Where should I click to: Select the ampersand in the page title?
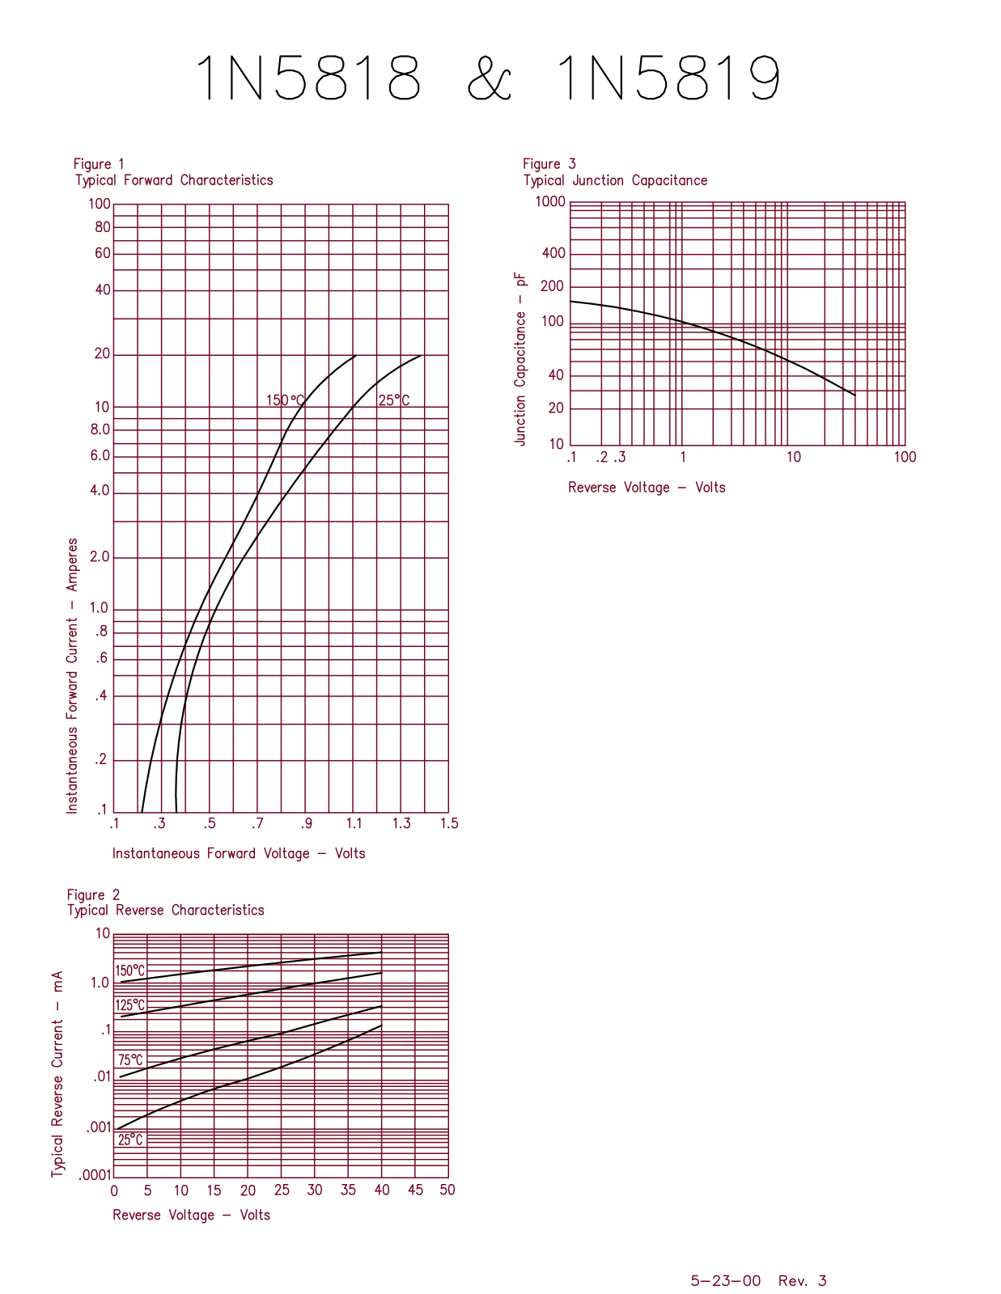click(490, 78)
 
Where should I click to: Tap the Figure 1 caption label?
click(99, 164)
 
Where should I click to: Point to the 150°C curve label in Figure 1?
click(285, 400)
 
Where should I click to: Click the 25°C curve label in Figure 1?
click(394, 400)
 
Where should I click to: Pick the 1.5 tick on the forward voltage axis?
click(449, 823)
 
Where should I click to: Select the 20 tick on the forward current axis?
click(102, 353)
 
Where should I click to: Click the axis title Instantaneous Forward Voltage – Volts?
click(239, 853)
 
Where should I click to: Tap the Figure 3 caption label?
click(549, 164)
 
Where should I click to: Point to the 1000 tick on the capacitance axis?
click(550, 201)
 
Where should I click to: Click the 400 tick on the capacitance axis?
click(554, 253)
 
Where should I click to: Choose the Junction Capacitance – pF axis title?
click(520, 358)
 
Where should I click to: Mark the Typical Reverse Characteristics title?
click(166, 910)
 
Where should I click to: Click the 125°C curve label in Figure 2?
click(129, 1005)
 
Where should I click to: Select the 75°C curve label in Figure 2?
click(130, 1060)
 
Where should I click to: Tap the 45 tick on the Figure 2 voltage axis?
click(415, 1190)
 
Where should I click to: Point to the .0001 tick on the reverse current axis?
click(94, 1174)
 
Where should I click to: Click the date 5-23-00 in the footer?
click(725, 1280)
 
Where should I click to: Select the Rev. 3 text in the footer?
click(802, 1280)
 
